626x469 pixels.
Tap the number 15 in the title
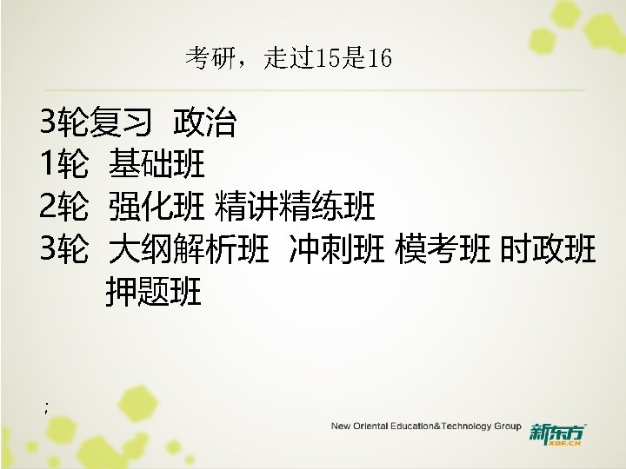point(328,59)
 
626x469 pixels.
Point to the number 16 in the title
point(380,59)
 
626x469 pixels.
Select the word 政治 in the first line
point(204,123)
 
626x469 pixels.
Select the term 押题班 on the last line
point(153,293)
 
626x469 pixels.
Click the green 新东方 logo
point(556,432)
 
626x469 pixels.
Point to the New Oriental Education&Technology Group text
point(425,426)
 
